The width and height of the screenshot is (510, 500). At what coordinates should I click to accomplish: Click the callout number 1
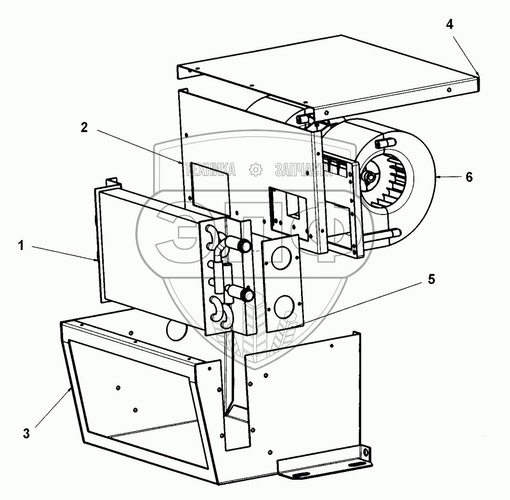[21, 245]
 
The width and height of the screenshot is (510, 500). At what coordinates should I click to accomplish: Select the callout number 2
[84, 127]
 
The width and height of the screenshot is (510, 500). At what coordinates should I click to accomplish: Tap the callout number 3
[26, 433]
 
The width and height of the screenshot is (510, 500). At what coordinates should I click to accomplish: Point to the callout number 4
[449, 25]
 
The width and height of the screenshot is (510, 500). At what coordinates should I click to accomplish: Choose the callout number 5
[431, 280]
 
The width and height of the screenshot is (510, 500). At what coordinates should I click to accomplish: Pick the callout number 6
[469, 177]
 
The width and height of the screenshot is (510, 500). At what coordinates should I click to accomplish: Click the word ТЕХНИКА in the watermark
[212, 169]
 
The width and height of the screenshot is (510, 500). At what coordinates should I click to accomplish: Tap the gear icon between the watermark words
[255, 169]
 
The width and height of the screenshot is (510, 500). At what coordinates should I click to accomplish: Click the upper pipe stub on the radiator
[243, 245]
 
